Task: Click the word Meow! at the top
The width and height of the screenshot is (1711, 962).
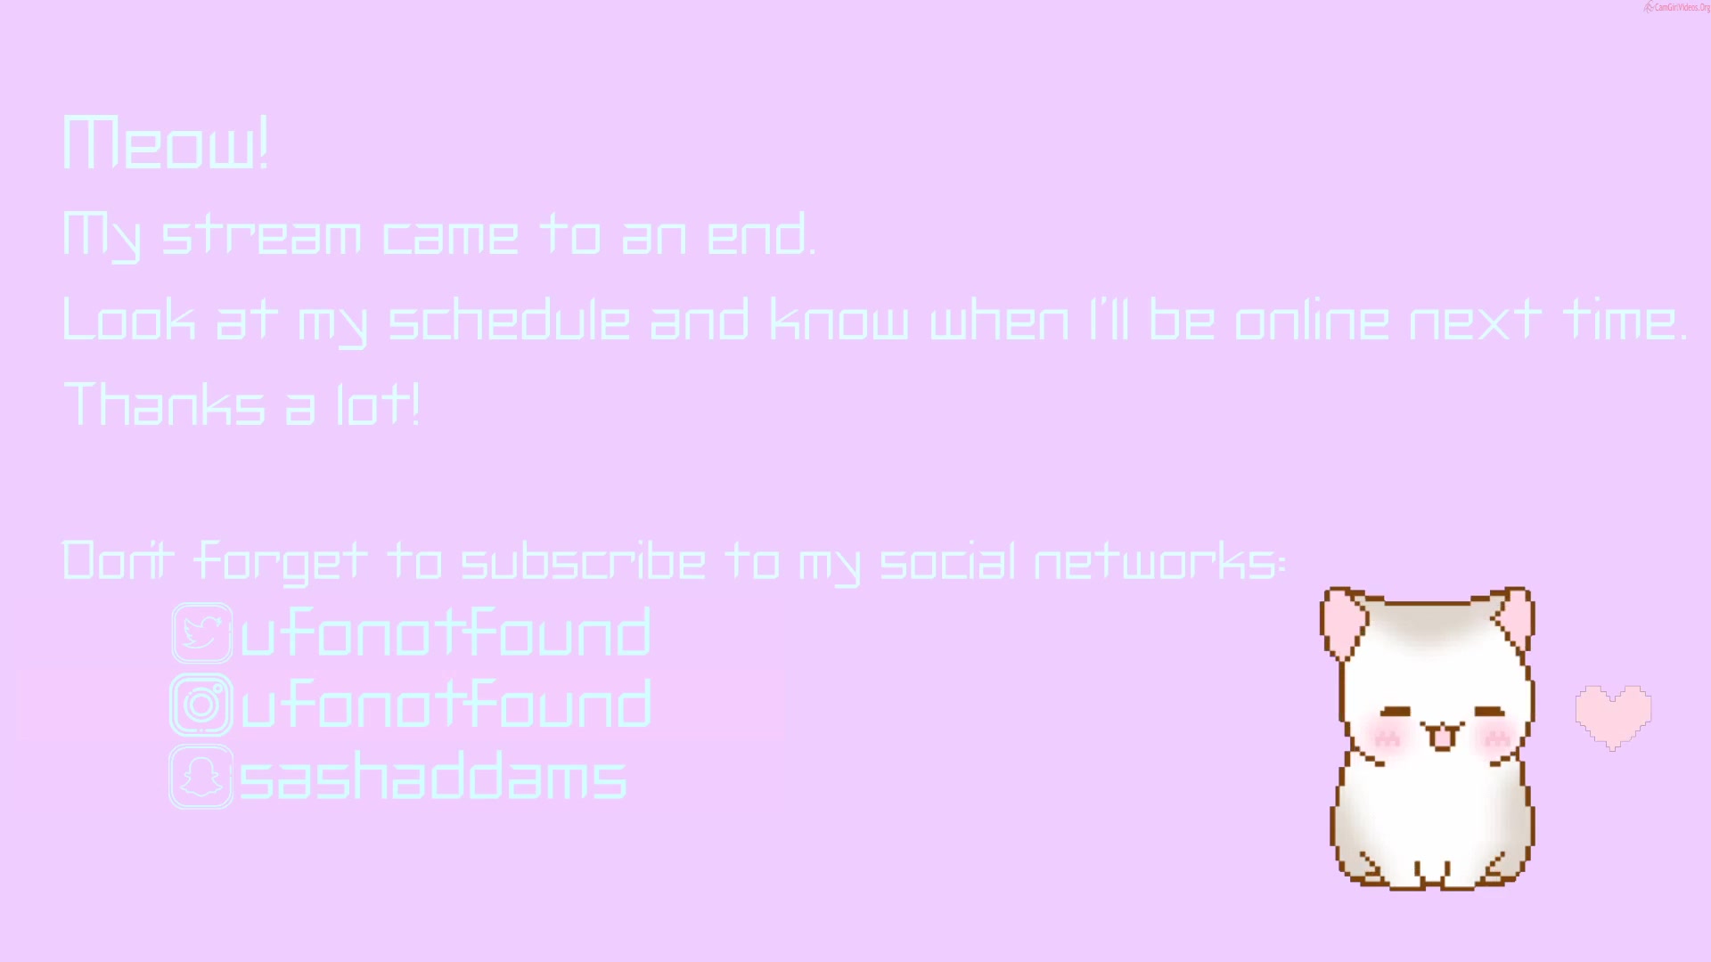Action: click(x=166, y=143)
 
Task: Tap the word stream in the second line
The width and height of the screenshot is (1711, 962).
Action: click(x=261, y=235)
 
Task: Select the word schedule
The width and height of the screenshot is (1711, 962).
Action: click(x=510, y=319)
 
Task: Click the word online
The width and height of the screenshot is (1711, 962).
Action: click(x=1311, y=319)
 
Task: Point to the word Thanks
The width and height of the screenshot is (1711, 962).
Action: click(x=164, y=404)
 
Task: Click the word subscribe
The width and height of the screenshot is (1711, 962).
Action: click(x=583, y=561)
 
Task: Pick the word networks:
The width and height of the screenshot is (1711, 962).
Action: click(x=1159, y=561)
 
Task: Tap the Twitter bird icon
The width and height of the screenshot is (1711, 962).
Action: click(x=202, y=633)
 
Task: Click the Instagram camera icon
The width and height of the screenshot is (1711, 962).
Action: click(x=202, y=705)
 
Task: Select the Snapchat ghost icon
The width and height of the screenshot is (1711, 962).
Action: click(x=201, y=777)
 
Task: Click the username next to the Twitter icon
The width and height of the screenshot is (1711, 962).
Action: click(x=446, y=632)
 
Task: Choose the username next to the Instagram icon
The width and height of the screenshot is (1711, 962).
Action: click(x=446, y=704)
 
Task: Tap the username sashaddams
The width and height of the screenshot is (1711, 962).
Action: click(x=433, y=776)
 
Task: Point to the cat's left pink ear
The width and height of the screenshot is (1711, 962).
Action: click(x=1342, y=622)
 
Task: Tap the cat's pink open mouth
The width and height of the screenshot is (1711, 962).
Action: click(x=1441, y=737)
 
